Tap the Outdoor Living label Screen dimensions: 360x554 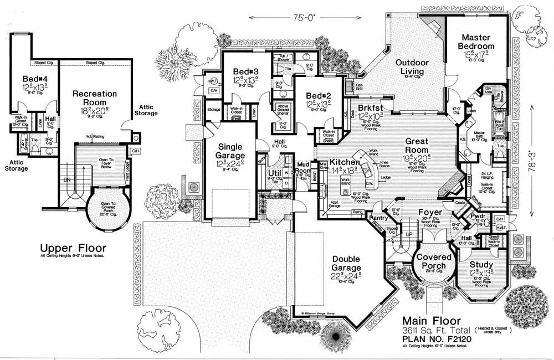point(410,67)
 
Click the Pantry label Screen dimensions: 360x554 point(379,218)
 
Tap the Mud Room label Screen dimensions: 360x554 point(303,167)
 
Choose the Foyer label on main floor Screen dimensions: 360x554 point(430,212)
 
